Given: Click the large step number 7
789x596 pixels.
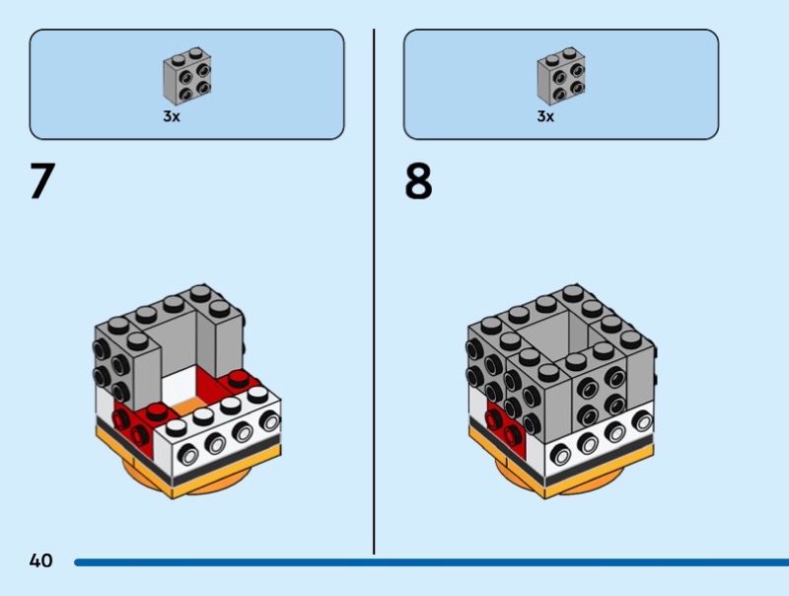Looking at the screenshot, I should [x=41, y=182].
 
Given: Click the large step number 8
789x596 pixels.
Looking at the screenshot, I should [x=418, y=183].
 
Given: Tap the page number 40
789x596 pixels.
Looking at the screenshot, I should [x=40, y=561].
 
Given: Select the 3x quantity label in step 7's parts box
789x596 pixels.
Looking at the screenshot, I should [x=172, y=116].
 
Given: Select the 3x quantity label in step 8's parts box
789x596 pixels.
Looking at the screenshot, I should [x=545, y=116].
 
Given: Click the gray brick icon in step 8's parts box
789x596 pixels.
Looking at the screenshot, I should [x=560, y=76].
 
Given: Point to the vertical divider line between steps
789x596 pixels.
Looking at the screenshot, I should [x=374, y=296].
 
